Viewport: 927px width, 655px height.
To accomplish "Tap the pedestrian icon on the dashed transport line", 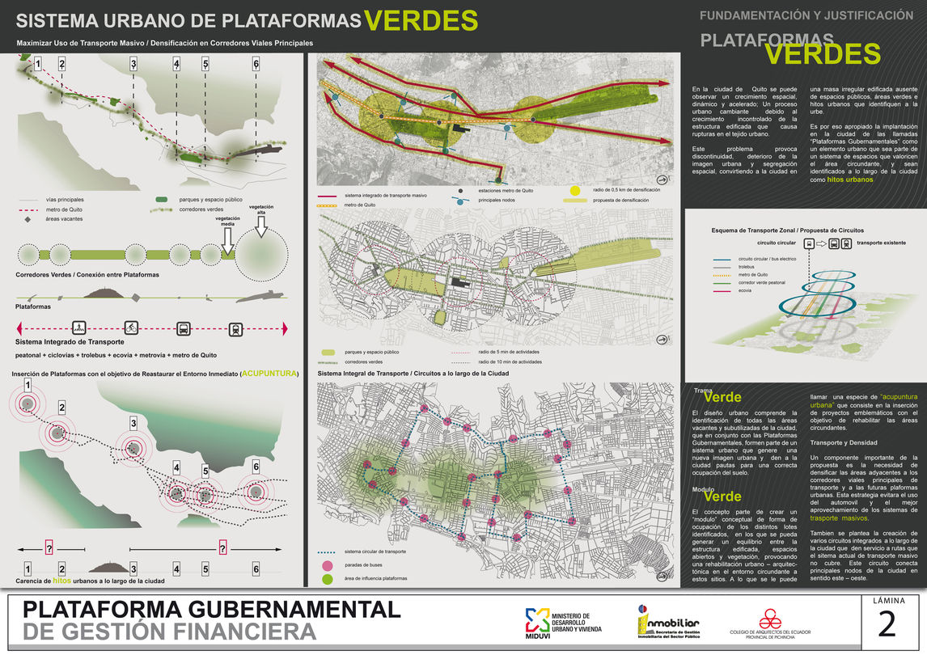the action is click(79, 328).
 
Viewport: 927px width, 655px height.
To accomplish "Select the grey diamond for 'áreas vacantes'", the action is click(28, 219).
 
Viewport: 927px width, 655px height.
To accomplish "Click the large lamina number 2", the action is click(887, 626).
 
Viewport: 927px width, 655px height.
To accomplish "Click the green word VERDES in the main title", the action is click(421, 20).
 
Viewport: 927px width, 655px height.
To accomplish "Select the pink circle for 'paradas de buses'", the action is click(328, 565).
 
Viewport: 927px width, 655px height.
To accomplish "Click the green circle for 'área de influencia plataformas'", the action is click(328, 579).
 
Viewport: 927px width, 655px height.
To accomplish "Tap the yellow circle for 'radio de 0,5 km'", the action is click(575, 191).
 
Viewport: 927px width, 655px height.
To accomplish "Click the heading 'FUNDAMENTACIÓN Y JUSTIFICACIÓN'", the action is click(806, 15).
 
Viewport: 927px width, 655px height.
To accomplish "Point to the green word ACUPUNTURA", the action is click(269, 374).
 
